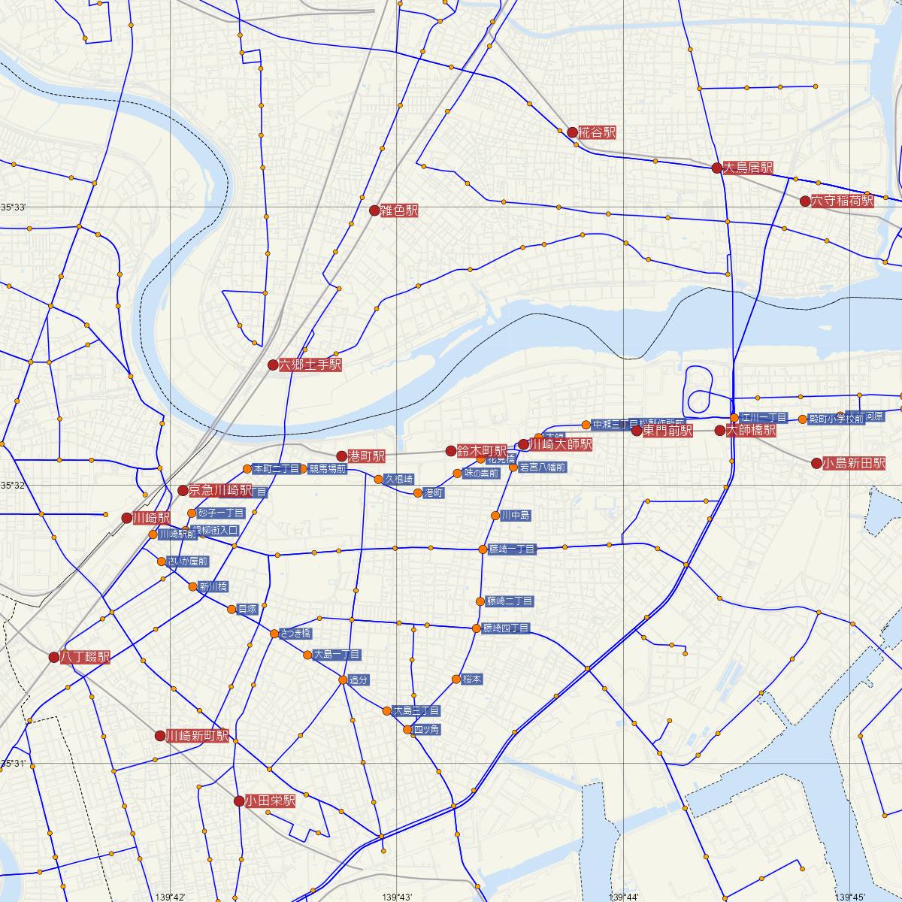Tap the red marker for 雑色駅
pos(374,210)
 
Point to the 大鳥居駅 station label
pos(747,168)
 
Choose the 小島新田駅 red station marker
pos(816,463)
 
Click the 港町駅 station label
pos(367,456)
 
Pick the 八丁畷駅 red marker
pos(53,657)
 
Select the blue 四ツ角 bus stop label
pos(426,730)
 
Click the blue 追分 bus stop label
pos(359,680)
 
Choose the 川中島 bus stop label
pos(516,516)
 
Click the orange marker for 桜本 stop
pos(456,680)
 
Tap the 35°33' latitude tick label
pos(13,207)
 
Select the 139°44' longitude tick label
pos(625,897)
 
